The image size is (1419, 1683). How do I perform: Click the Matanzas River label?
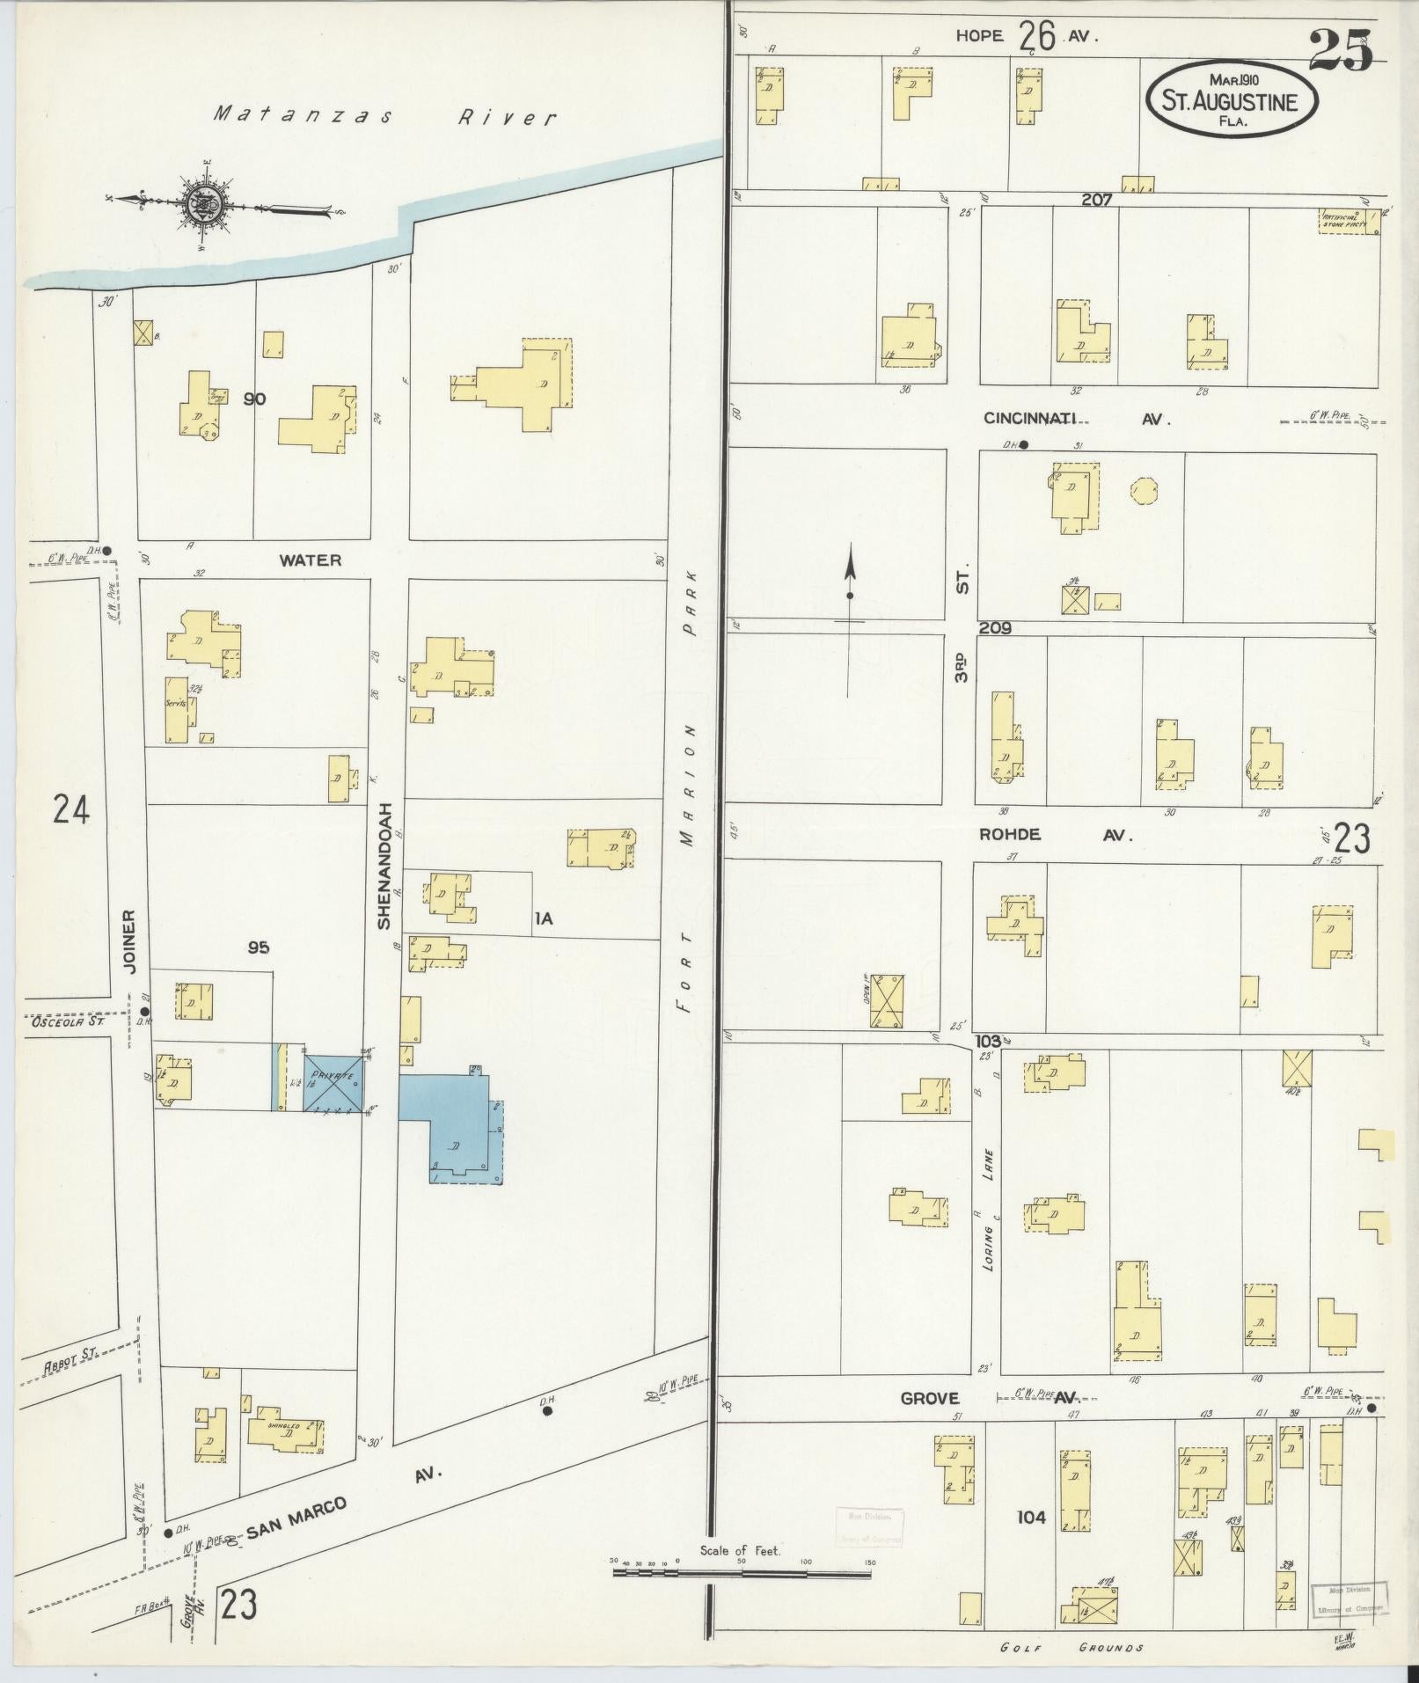coord(385,115)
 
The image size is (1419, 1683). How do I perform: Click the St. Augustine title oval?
coord(1232,98)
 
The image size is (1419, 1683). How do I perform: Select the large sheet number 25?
coord(1339,51)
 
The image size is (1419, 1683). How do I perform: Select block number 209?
coord(994,628)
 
